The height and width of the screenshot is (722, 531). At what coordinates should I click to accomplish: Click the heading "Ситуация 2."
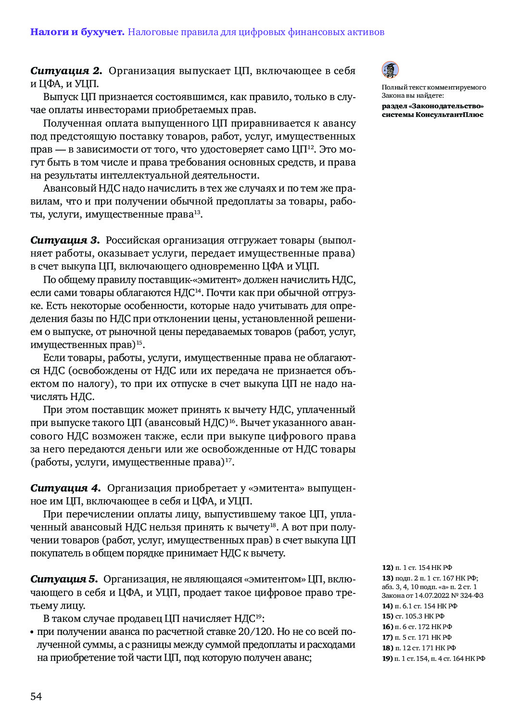pyautogui.click(x=66, y=71)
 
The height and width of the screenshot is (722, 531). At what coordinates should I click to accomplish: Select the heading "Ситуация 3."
pyautogui.click(x=64, y=240)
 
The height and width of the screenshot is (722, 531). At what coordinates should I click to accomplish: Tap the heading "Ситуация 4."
pyautogui.click(x=65, y=488)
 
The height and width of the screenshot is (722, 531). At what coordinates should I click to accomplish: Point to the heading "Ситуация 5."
pyautogui.click(x=64, y=579)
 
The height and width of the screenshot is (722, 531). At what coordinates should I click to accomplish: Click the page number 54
pyautogui.click(x=36, y=696)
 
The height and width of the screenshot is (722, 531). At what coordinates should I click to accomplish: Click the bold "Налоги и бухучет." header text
pyautogui.click(x=77, y=32)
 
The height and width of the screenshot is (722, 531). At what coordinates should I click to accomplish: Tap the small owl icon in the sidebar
pyautogui.click(x=390, y=70)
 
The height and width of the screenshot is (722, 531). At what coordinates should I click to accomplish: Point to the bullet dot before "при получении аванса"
pyautogui.click(x=32, y=632)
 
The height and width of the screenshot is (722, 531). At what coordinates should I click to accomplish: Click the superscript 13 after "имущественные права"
pyautogui.click(x=197, y=212)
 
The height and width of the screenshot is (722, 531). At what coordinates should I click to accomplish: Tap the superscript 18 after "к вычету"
pyautogui.click(x=273, y=525)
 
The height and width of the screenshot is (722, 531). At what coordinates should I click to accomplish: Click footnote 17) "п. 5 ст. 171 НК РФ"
pyautogui.click(x=417, y=637)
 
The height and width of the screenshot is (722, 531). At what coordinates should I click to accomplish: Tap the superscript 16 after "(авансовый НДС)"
pyautogui.click(x=232, y=421)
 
